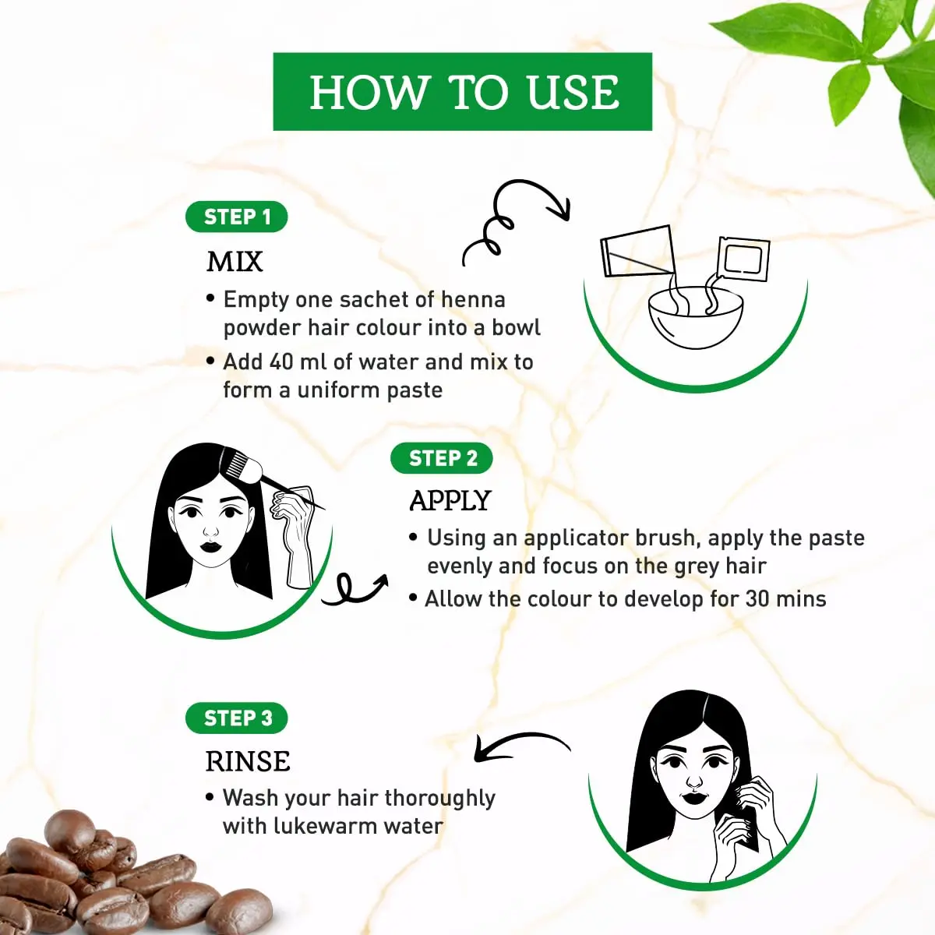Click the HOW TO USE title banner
tap(463, 92)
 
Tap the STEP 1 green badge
tap(237, 217)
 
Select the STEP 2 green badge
tap(442, 458)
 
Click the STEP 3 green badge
tap(237, 718)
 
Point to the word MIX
tap(235, 262)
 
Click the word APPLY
tap(450, 501)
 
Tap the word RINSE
tap(248, 761)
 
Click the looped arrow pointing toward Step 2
tap(355, 590)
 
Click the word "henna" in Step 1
tap(473, 300)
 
